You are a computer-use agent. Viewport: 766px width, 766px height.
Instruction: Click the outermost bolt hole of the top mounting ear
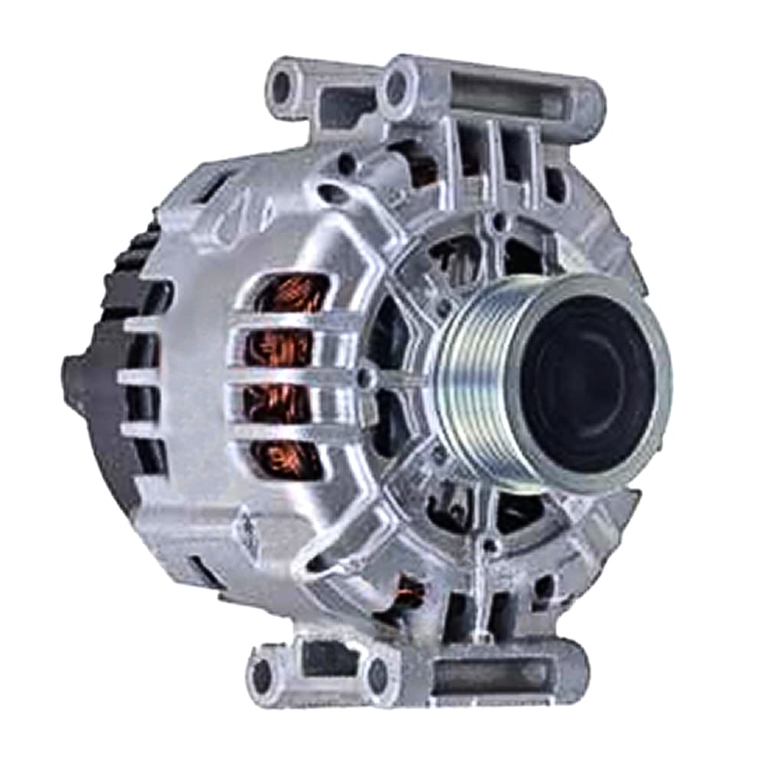click(283, 87)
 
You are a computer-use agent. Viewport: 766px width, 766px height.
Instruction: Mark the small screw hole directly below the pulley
click(490, 545)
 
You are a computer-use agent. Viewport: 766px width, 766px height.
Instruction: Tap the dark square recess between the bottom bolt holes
click(322, 659)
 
